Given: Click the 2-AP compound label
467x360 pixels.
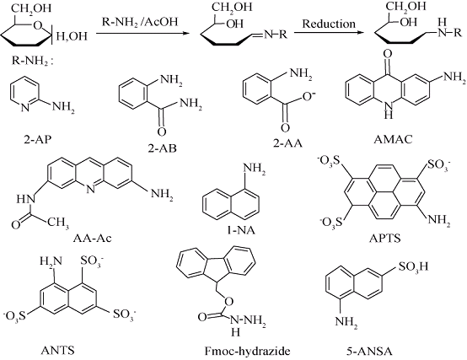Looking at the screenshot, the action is [x=38, y=139].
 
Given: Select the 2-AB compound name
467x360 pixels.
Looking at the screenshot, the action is [x=163, y=148].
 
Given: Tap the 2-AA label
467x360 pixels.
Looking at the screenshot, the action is [x=287, y=143].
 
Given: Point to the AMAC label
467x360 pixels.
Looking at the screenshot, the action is [x=393, y=139].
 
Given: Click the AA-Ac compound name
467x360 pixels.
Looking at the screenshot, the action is [x=93, y=239].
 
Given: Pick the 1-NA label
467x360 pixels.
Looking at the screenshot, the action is [x=241, y=230].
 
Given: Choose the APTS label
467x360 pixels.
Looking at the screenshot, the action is [x=384, y=239].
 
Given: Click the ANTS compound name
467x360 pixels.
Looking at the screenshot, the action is [x=57, y=350].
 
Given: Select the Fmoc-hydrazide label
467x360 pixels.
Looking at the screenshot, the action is [x=247, y=351].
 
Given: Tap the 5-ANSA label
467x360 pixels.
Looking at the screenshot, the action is [x=369, y=352].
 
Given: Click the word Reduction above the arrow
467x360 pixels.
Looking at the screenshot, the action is [x=329, y=24].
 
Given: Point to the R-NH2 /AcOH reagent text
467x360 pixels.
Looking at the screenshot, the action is [x=140, y=22].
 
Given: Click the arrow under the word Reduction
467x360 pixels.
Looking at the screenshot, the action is [x=329, y=33].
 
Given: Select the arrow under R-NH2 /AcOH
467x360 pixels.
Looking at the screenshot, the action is [x=143, y=33].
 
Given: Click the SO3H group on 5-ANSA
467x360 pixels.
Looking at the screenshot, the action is [x=413, y=266].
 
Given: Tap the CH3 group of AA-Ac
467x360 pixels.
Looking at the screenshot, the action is [x=58, y=223].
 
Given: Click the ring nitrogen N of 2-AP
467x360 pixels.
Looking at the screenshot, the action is [x=25, y=107].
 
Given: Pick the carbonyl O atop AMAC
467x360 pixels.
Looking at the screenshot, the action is [x=388, y=54].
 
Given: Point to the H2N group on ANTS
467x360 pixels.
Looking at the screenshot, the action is [x=51, y=261].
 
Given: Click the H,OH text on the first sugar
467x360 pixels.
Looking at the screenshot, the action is [x=72, y=36].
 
